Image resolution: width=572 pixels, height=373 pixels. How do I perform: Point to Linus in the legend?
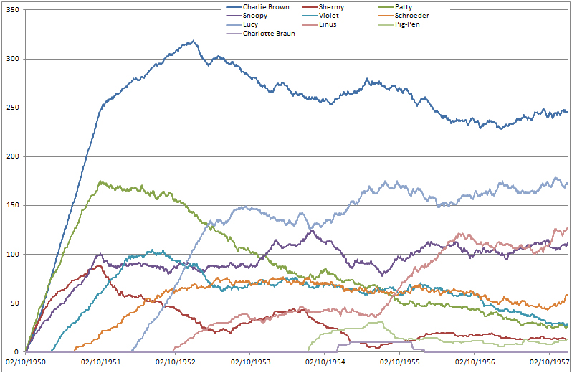[328, 24]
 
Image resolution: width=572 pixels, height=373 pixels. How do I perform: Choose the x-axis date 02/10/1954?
[325, 362]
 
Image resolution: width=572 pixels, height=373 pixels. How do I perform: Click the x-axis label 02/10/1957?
[549, 362]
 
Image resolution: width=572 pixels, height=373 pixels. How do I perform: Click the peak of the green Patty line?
[100, 181]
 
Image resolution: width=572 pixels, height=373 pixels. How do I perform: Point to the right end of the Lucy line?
[567, 183]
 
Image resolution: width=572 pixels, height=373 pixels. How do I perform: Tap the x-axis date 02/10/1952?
[175, 362]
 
